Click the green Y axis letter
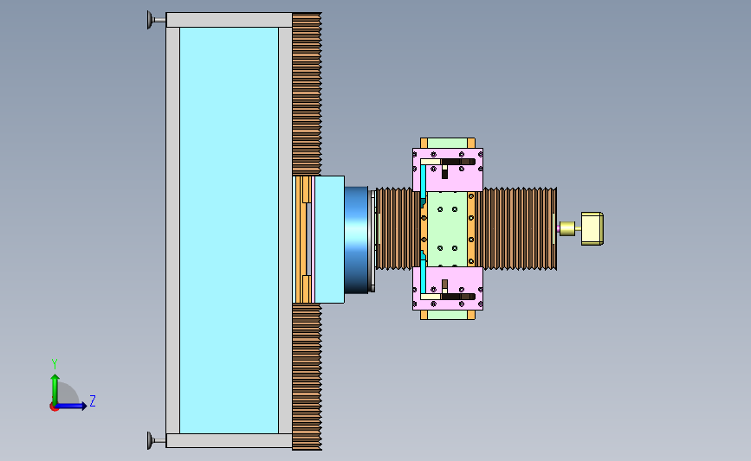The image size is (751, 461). click(55, 364)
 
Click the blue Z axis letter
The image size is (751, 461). click(93, 400)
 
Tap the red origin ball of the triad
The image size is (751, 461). click(54, 407)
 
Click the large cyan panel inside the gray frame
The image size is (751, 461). click(229, 230)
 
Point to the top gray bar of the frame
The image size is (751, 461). click(229, 20)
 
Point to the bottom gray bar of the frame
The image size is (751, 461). click(229, 440)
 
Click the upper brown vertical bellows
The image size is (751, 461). click(307, 94)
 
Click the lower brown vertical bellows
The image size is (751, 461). click(307, 377)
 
